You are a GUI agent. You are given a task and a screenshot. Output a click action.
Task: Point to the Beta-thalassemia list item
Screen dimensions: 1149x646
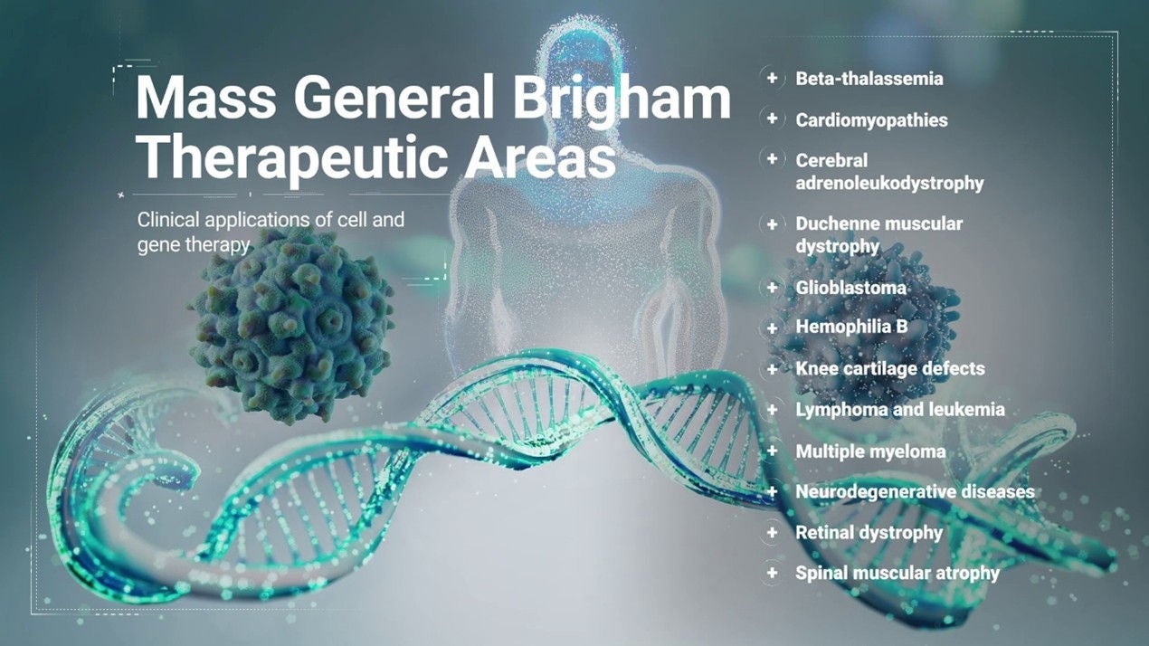[869, 79]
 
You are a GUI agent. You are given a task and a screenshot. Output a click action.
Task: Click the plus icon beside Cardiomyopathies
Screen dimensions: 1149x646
[772, 119]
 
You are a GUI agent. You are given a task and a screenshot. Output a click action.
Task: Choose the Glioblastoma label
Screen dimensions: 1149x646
[851, 288]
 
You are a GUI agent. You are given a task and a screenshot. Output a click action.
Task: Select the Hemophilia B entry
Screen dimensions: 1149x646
[851, 327]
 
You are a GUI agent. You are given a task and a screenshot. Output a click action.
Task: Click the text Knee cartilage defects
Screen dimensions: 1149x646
[890, 368]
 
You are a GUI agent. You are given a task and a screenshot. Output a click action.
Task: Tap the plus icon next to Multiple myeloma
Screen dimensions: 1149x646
[772, 451]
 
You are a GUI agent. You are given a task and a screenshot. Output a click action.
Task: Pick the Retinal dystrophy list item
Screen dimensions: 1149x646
[869, 533]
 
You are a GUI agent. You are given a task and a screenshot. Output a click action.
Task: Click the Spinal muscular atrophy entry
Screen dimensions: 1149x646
[897, 573]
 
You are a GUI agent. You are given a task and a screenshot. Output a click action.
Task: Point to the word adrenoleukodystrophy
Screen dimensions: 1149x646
[889, 183]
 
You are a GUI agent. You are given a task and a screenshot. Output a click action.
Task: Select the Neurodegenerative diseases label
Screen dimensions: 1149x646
[915, 491]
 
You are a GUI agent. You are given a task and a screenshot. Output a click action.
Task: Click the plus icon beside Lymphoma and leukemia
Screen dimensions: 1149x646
[772, 410]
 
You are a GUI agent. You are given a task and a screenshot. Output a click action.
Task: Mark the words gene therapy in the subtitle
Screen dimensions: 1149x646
[193, 245]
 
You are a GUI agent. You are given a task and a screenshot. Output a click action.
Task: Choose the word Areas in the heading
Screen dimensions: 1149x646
[540, 156]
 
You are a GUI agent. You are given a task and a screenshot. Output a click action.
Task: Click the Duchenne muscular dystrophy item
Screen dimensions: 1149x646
[878, 235]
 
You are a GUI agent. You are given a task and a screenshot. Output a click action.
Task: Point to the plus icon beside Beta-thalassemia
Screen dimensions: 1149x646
[772, 78]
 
